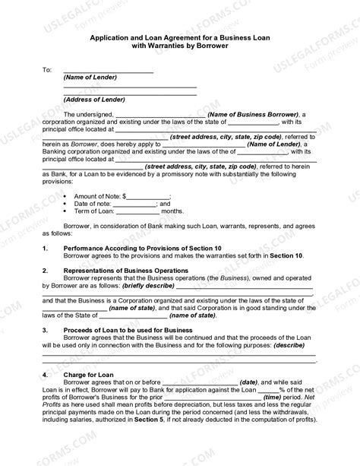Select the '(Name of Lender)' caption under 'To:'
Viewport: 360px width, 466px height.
(x=87, y=78)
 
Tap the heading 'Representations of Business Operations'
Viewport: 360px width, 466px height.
(x=126, y=271)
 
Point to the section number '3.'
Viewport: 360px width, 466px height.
(x=45, y=330)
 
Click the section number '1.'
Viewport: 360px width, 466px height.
(x=45, y=249)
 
